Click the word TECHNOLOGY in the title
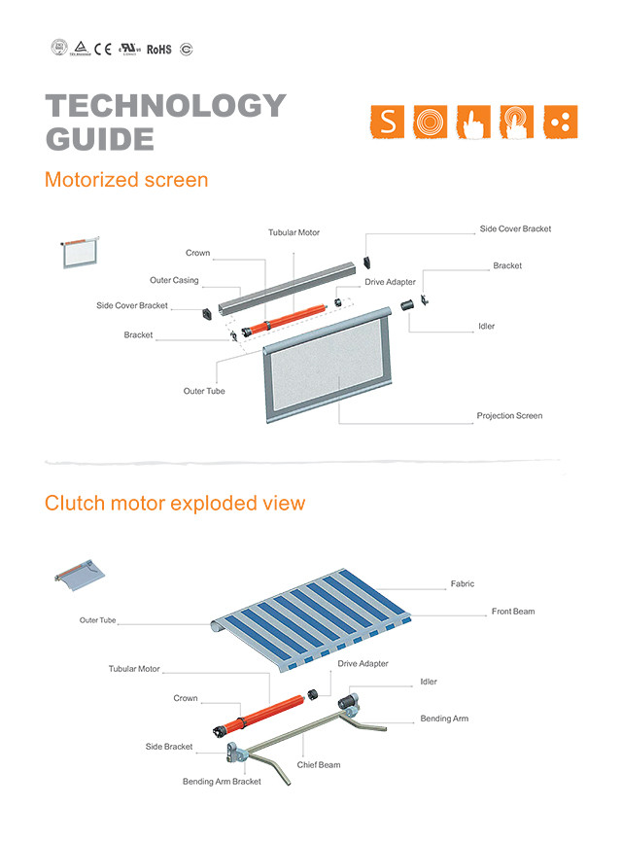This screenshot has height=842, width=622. (x=166, y=106)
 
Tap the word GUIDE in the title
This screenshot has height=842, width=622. (x=100, y=139)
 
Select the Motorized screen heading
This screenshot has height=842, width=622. (x=126, y=180)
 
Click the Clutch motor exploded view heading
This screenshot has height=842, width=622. (x=175, y=503)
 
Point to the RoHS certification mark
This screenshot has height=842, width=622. (x=158, y=49)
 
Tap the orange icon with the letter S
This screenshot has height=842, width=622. (x=388, y=122)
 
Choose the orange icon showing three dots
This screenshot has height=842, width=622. (x=561, y=122)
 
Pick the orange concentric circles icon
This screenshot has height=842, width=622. (x=431, y=122)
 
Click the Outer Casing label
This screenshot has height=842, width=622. (x=174, y=281)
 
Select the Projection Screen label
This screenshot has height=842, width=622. (x=509, y=416)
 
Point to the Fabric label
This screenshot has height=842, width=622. (x=463, y=584)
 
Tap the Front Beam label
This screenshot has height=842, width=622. (x=513, y=612)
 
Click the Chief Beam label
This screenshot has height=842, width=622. (x=319, y=765)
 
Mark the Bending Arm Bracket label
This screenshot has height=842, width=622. (x=222, y=782)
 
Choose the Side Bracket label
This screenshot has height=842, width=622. (x=169, y=747)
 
